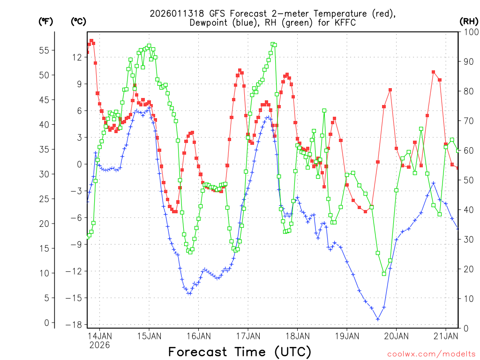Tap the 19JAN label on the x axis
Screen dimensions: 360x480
(347, 336)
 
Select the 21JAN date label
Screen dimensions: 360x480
(446, 336)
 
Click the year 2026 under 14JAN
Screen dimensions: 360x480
(99, 345)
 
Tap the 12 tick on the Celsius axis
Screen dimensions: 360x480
(77, 57)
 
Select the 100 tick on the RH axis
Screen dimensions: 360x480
(469, 32)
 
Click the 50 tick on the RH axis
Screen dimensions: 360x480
(467, 180)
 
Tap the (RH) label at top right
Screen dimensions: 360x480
(469, 21)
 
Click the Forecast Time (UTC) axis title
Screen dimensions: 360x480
(240, 352)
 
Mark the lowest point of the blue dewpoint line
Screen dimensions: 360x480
(378, 319)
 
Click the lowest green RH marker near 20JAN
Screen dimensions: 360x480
(384, 273)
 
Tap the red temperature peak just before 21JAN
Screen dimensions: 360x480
(434, 72)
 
